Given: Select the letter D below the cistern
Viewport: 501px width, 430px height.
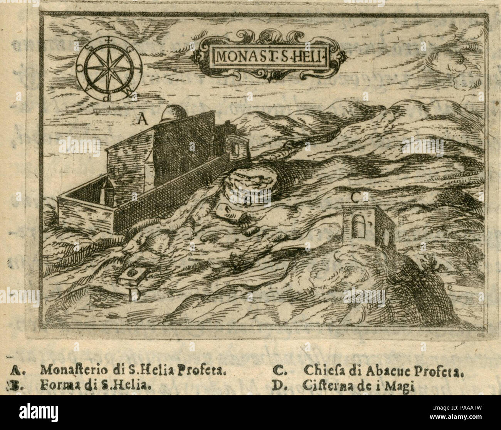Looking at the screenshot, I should [134, 295].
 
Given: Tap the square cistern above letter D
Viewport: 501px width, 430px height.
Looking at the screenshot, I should [132, 275].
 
